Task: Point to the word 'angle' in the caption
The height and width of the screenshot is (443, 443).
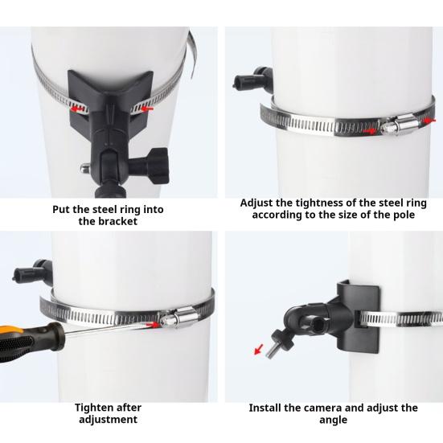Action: click(333, 420)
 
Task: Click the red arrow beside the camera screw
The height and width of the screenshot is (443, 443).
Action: click(259, 349)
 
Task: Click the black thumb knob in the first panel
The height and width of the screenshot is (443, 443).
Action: click(154, 166)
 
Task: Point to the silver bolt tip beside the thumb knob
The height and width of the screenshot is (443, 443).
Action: click(84, 168)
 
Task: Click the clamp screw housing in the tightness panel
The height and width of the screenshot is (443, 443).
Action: click(400, 125)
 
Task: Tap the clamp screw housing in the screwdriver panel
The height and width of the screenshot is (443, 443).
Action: click(178, 317)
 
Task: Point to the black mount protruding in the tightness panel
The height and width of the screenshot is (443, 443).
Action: click(253, 80)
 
